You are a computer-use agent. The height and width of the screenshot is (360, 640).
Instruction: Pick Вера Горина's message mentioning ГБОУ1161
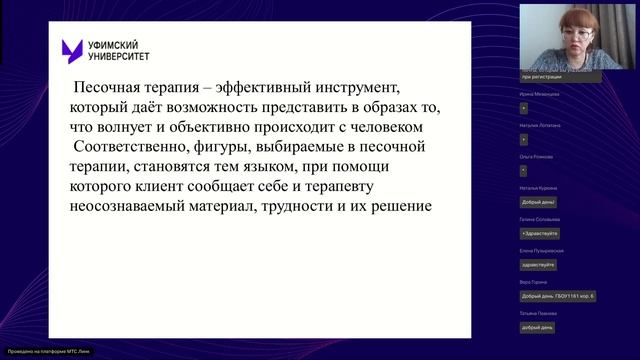(558, 296)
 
